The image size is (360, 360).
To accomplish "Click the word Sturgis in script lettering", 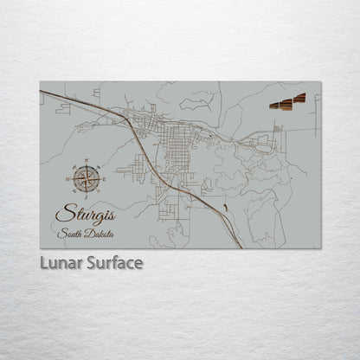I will (x=87, y=213).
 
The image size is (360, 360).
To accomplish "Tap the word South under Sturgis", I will (x=70, y=234).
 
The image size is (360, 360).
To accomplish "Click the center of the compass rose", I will (x=85, y=179).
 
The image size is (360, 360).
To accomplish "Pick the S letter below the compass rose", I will (x=85, y=196).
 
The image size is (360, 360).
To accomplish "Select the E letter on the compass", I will (x=103, y=179).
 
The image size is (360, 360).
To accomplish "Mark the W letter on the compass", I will (x=67, y=179).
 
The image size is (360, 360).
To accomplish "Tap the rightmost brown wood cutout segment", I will (x=299, y=99).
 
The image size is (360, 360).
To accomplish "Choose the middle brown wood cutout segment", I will (x=286, y=103).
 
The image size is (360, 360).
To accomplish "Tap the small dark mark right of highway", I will (x=224, y=206).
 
